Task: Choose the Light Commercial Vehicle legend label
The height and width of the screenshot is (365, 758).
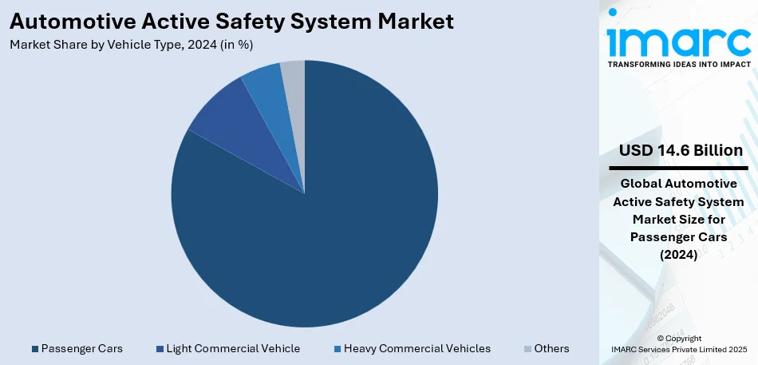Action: click(233, 348)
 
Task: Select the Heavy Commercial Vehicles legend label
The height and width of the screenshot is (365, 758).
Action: click(417, 348)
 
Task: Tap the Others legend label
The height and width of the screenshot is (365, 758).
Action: click(551, 348)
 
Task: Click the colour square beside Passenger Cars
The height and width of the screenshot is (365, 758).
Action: click(34, 349)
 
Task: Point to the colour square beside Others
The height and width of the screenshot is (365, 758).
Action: click(527, 349)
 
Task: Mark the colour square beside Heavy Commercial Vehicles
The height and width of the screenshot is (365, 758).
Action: click(338, 349)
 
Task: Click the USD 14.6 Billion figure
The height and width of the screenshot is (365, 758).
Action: click(681, 150)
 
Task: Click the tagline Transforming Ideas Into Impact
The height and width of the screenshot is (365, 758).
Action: click(679, 64)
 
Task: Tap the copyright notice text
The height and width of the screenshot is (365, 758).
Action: click(678, 343)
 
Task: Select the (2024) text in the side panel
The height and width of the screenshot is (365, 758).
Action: click(678, 255)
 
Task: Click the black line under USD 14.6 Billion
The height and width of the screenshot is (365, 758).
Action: click(678, 168)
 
